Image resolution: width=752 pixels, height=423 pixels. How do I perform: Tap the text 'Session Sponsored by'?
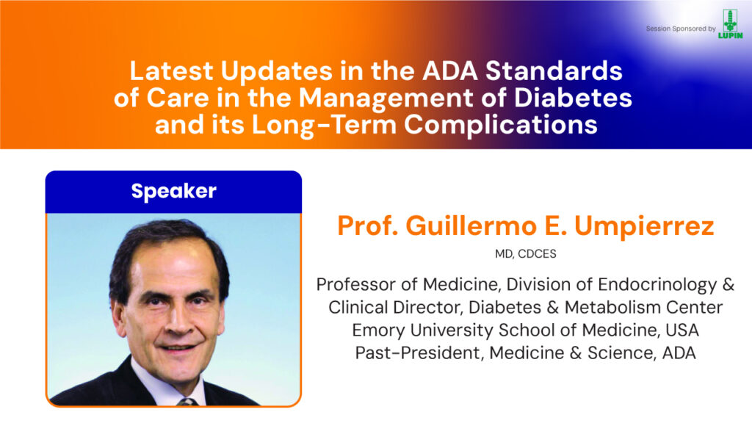point(681,29)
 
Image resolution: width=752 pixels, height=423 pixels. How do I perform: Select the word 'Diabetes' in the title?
point(573,98)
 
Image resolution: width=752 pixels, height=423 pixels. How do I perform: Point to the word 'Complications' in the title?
point(501,125)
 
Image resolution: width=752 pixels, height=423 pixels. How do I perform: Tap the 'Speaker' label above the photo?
point(173,192)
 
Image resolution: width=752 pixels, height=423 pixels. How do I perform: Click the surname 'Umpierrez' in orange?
point(644,226)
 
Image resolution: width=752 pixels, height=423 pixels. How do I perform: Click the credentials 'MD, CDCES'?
point(526,253)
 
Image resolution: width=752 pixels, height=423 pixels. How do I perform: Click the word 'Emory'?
point(378,330)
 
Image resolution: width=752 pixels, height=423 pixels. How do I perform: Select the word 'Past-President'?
point(419,353)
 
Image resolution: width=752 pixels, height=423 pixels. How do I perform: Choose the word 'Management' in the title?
point(386,98)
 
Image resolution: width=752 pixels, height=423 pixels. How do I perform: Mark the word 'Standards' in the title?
point(554,71)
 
